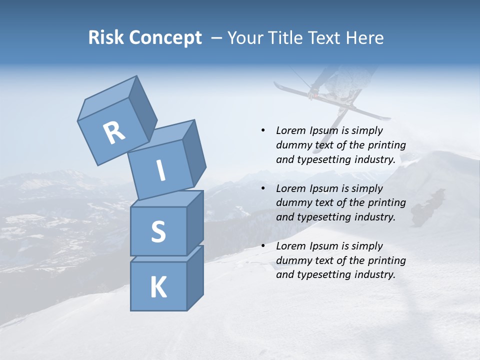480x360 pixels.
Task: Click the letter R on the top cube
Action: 114,133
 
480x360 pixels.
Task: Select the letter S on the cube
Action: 158,231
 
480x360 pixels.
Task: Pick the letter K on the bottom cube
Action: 158,287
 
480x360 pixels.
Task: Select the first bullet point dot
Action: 263,130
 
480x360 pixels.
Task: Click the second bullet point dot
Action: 263,188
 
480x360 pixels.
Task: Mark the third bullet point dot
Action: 263,246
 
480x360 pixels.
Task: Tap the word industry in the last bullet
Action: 376,274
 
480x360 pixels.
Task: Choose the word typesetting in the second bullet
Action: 320,217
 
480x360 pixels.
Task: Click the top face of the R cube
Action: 107,98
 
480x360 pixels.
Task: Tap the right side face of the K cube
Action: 194,277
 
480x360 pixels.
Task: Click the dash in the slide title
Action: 217,38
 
